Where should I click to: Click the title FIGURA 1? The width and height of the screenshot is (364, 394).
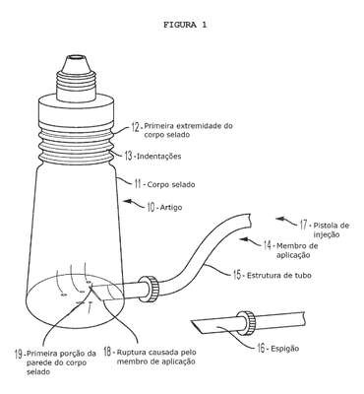tap(185, 25)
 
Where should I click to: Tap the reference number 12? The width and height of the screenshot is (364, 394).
tap(136, 127)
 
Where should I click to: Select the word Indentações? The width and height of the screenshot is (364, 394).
tap(158, 156)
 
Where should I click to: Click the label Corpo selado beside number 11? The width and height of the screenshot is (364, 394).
tap(171, 184)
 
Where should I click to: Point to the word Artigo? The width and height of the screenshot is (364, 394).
tap(170, 208)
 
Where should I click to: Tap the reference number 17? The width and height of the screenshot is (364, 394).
tap(303, 225)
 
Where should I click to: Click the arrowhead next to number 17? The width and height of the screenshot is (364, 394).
tap(278, 219)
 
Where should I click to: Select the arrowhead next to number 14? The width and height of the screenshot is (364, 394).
tap(243, 239)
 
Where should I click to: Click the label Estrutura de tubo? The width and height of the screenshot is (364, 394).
tap(278, 275)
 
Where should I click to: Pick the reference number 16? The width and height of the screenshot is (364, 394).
tap(261, 348)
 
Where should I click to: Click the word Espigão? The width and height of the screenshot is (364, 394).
tap(285, 349)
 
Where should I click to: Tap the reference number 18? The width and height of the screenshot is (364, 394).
tap(108, 352)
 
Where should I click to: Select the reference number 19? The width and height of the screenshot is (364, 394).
tap(19, 354)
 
